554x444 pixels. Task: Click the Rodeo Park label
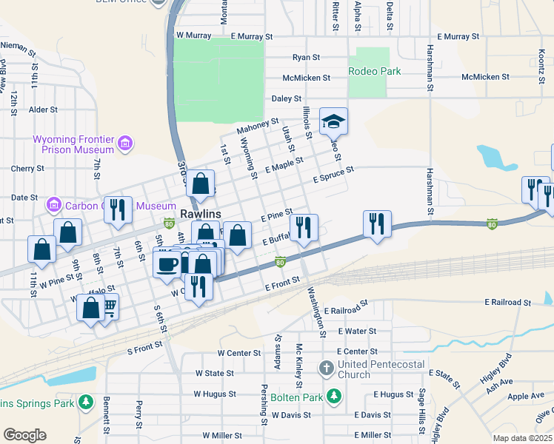pos(375,71)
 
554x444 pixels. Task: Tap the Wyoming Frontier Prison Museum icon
pos(125,142)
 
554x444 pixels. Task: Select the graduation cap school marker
pos(333,121)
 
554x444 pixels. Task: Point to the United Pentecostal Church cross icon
pos(327,368)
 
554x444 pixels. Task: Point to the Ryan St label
pos(306,57)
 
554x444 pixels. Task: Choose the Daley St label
pos(287,98)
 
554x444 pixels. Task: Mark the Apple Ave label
pos(524,397)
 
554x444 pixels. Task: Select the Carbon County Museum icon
pos(54,203)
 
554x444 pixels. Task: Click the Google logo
pos(24,434)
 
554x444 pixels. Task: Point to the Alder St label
pos(43,110)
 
